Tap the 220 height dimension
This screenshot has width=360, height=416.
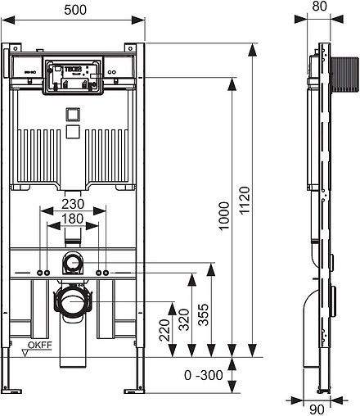[173, 331]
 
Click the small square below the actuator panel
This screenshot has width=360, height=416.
[72, 114]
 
